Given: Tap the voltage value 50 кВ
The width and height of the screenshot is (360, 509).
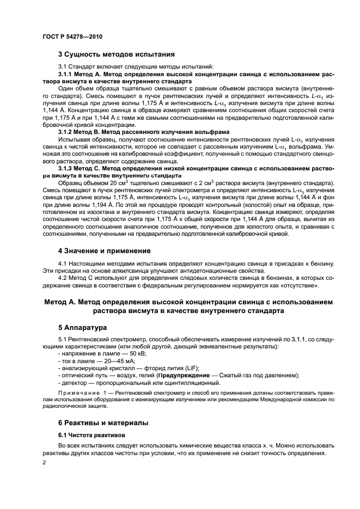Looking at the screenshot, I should [125, 354].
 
